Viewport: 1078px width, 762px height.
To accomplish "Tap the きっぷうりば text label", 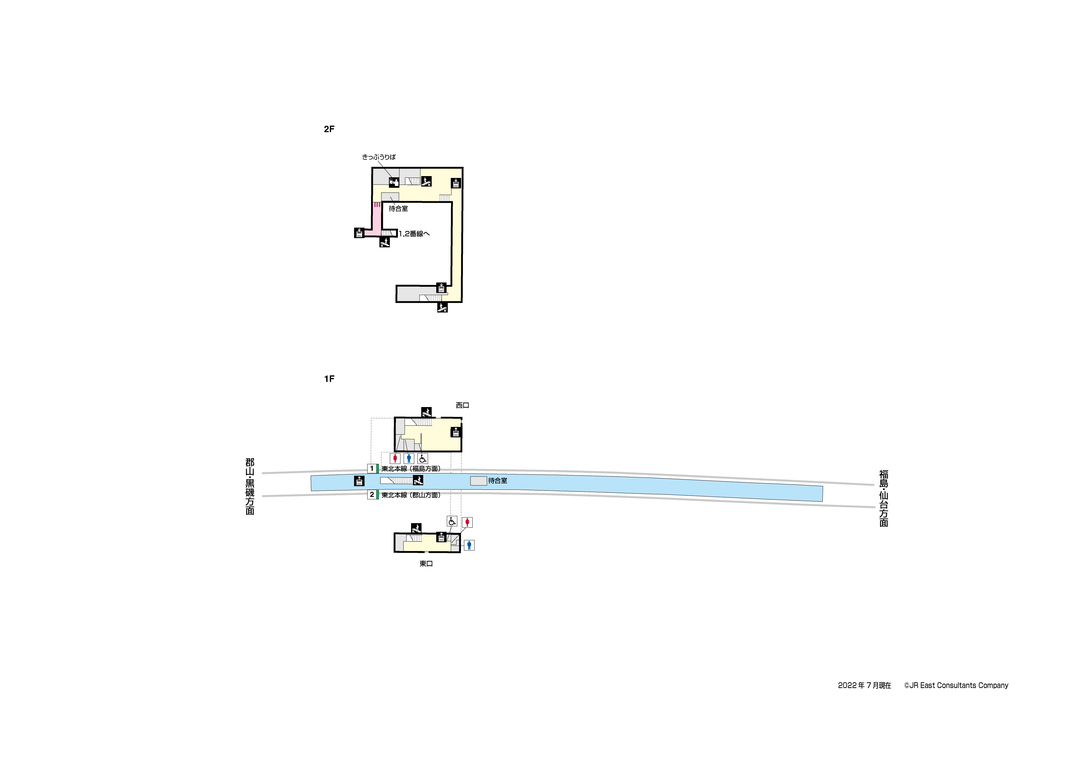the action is [x=378, y=157].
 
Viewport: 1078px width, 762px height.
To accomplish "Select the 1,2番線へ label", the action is [x=413, y=233].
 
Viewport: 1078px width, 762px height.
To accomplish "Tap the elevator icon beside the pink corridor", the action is [x=359, y=232].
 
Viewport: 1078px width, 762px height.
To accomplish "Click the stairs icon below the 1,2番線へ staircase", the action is [x=384, y=242].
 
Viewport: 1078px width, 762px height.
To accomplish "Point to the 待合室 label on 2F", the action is [x=398, y=209].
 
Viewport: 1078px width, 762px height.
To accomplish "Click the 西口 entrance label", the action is [x=463, y=405].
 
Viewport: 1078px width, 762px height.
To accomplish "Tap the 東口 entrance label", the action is [x=426, y=563].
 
